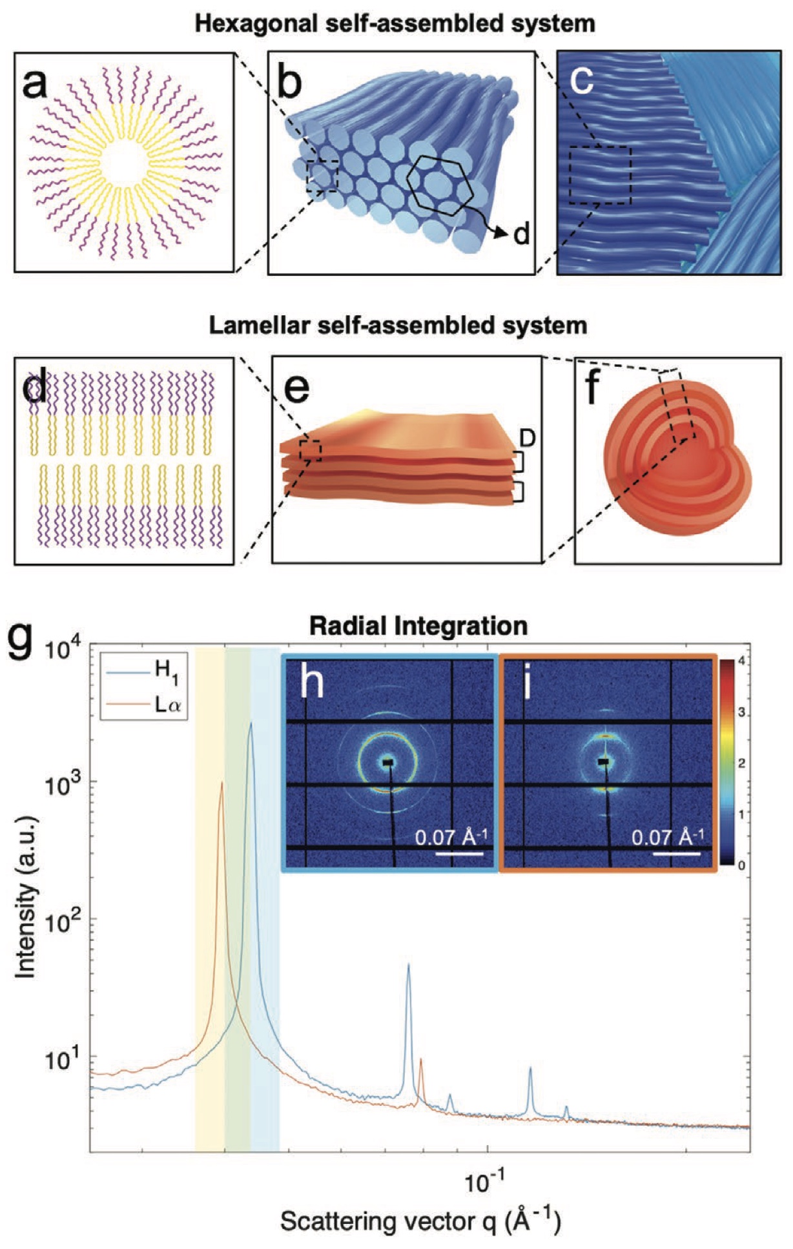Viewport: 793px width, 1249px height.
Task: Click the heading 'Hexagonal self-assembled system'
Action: point(395,24)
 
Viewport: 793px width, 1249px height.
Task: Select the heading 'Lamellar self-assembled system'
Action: point(398,324)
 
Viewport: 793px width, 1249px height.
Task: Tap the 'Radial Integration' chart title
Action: point(418,625)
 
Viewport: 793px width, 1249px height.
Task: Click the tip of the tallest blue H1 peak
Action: point(251,723)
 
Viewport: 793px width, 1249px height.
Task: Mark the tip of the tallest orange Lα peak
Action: point(222,782)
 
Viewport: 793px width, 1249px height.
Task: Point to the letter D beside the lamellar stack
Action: point(528,439)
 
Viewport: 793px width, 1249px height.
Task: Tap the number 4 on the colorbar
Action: point(742,662)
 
